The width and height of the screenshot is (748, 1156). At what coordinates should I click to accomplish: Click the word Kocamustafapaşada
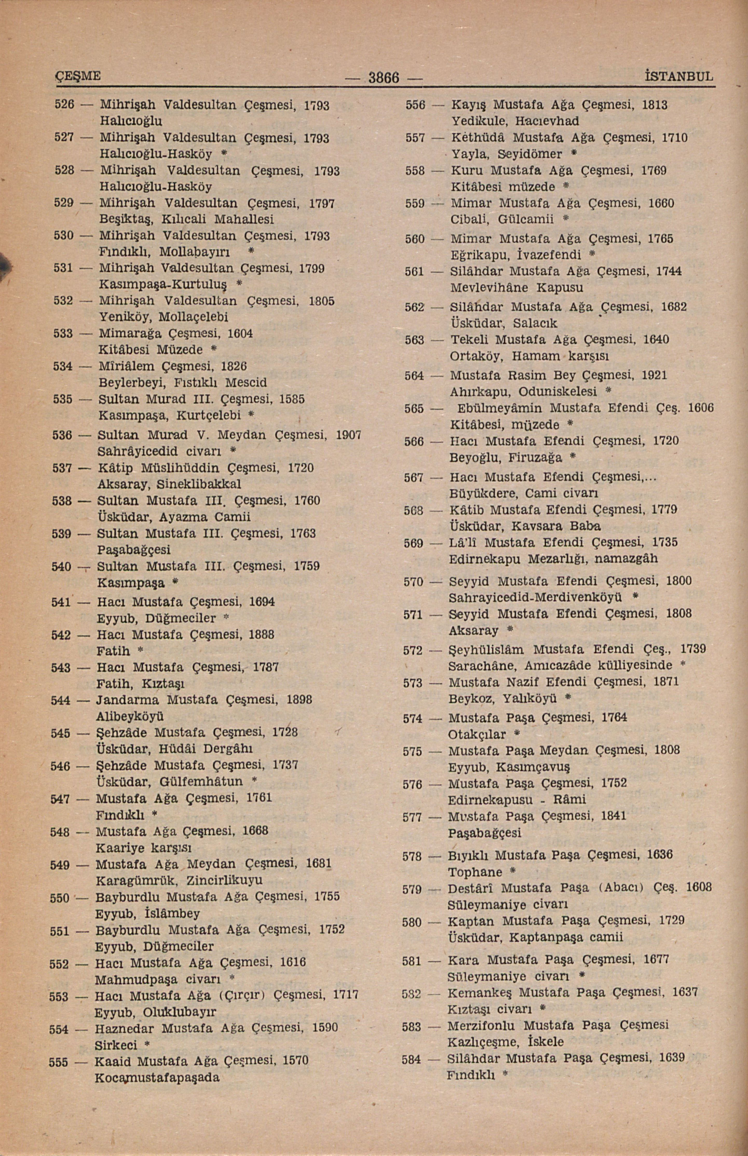157,1078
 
